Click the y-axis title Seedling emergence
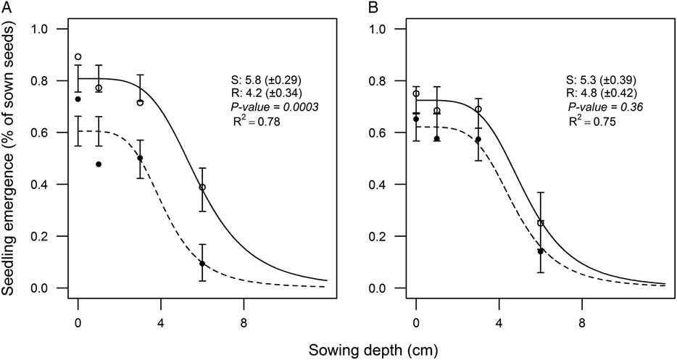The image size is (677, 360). pyautogui.click(x=10, y=158)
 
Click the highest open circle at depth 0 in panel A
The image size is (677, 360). pyautogui.click(x=78, y=56)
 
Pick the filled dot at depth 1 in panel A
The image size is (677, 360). pyautogui.click(x=99, y=164)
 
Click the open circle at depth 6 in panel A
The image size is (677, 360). pyautogui.click(x=202, y=188)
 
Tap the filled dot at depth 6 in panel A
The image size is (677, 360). pyautogui.click(x=202, y=264)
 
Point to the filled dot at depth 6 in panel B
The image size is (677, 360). pyautogui.click(x=541, y=251)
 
